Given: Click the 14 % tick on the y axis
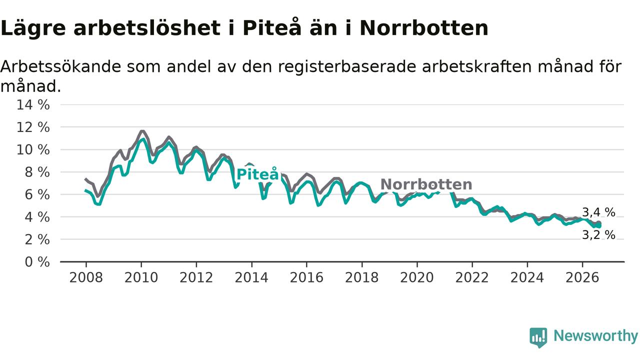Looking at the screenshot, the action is (33, 105).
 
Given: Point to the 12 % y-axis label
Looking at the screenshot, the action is (33, 127).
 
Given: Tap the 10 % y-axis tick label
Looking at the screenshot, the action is (33, 149).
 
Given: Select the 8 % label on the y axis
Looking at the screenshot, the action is (37, 172).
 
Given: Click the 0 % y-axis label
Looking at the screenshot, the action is (37, 262).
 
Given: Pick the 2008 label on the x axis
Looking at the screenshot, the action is (86, 277).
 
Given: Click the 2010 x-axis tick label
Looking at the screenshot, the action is (141, 277).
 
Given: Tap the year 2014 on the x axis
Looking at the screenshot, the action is (251, 277).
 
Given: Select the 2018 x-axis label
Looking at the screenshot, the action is (361, 277).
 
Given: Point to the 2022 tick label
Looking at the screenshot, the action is (472, 277).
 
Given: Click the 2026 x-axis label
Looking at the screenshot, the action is (582, 277).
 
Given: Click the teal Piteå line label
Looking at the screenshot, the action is (257, 174).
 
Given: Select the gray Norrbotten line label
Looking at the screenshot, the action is (426, 184).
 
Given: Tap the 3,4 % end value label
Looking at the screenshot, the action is (598, 212).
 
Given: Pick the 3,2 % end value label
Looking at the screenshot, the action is (598, 235).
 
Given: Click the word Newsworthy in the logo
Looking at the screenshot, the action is (596, 336).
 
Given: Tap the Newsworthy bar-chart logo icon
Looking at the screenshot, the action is (538, 337).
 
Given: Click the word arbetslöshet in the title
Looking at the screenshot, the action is (147, 28).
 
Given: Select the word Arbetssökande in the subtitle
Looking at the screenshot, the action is (61, 66).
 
